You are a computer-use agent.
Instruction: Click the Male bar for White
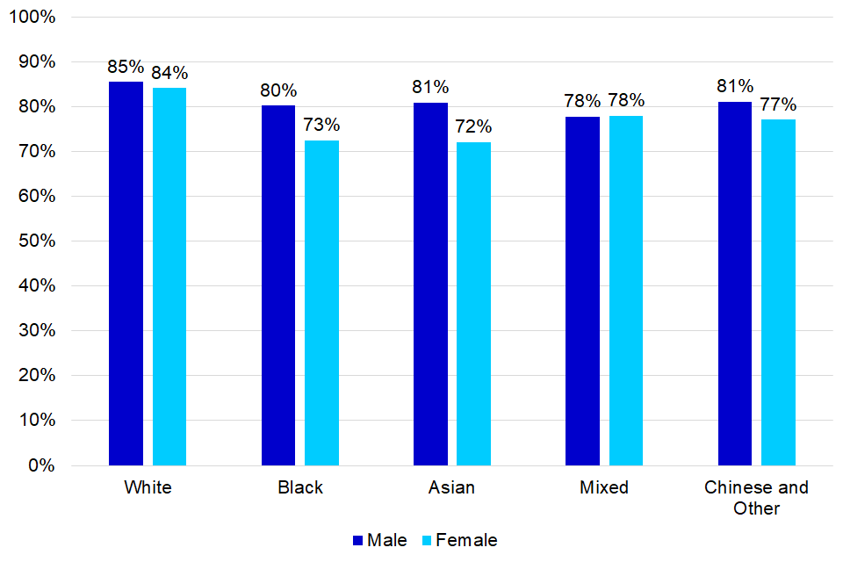point(126,273)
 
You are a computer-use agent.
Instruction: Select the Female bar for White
point(169,276)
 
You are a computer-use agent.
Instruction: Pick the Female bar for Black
point(321,302)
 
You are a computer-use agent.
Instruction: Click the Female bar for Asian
point(473,303)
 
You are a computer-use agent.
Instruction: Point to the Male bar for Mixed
point(582,291)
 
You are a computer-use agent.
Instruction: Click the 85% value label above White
point(126,67)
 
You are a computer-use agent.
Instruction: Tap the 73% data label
point(321,125)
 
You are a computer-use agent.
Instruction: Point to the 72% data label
point(473,126)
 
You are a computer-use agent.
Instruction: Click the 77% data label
point(778,104)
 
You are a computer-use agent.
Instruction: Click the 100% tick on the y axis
point(33,18)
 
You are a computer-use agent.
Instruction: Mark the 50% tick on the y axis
point(37,241)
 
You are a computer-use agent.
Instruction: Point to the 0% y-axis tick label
point(40,465)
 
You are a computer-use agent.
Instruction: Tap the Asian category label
point(451,488)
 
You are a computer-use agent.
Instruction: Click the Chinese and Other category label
point(756,498)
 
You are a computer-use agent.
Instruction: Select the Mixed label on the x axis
point(604,488)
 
